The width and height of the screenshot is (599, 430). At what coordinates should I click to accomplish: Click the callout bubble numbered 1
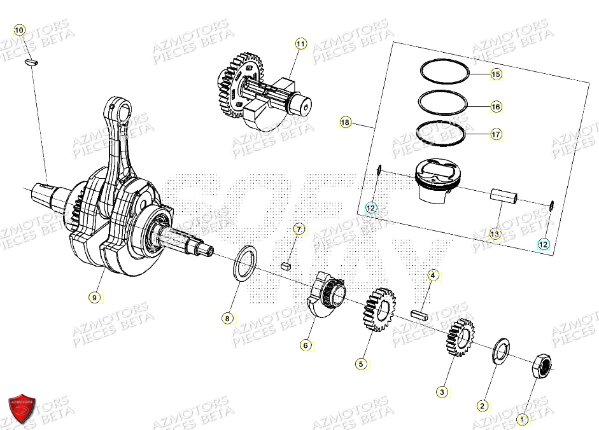click(522, 419)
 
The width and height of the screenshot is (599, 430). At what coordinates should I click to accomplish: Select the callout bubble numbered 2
click(482, 405)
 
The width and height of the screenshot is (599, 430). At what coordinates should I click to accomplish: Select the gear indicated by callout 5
click(380, 309)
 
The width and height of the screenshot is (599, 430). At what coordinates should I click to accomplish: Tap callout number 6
click(306, 345)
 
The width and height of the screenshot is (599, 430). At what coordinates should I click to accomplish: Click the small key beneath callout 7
click(287, 267)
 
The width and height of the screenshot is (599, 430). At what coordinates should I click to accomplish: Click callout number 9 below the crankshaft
click(95, 296)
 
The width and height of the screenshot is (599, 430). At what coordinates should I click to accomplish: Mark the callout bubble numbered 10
click(18, 30)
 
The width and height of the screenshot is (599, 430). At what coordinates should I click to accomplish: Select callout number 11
click(300, 44)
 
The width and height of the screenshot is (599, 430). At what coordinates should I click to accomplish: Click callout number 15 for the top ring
click(496, 74)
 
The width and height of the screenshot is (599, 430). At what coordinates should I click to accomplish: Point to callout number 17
click(496, 134)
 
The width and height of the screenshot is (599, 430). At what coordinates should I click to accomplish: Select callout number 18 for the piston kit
click(345, 123)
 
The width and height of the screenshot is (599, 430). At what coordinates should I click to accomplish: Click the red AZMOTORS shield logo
click(22, 408)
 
